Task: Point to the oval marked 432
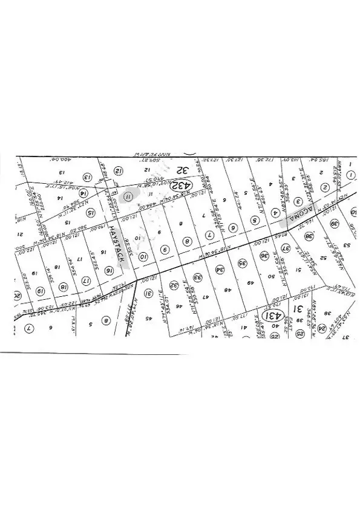180,184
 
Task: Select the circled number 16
110,270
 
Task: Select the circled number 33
197,277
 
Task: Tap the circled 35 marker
243,264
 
